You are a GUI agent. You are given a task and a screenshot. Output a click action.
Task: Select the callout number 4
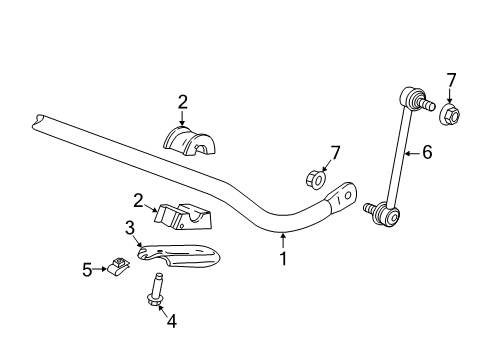pyautogui.click(x=170, y=321)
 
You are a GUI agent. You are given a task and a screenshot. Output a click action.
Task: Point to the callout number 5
pyautogui.click(x=87, y=268)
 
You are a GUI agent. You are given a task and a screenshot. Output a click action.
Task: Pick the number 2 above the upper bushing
pyautogui.click(x=182, y=100)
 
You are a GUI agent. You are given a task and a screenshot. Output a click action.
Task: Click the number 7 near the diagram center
pyautogui.click(x=335, y=152)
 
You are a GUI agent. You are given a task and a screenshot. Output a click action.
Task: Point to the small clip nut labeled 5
pyautogui.click(x=118, y=267)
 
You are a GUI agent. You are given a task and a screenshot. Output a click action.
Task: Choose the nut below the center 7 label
pyautogui.click(x=312, y=180)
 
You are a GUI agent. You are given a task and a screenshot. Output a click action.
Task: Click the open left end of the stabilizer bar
pyautogui.click(x=39, y=120)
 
